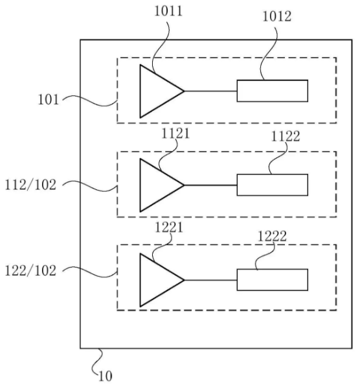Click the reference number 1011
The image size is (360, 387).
point(168,12)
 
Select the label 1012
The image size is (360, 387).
point(277,17)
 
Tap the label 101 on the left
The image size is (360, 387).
point(49,100)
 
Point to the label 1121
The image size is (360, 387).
point(175,134)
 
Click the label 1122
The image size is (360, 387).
point(286,136)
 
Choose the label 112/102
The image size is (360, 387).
point(30,185)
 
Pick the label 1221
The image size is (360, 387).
point(169,227)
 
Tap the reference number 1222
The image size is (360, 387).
point(272,236)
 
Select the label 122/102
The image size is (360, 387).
point(30,270)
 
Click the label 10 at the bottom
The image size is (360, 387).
point(106,376)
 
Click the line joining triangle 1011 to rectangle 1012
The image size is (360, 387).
point(210,91)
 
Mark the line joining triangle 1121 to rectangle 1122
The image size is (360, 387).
point(210,185)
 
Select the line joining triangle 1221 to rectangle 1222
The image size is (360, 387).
point(210,280)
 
